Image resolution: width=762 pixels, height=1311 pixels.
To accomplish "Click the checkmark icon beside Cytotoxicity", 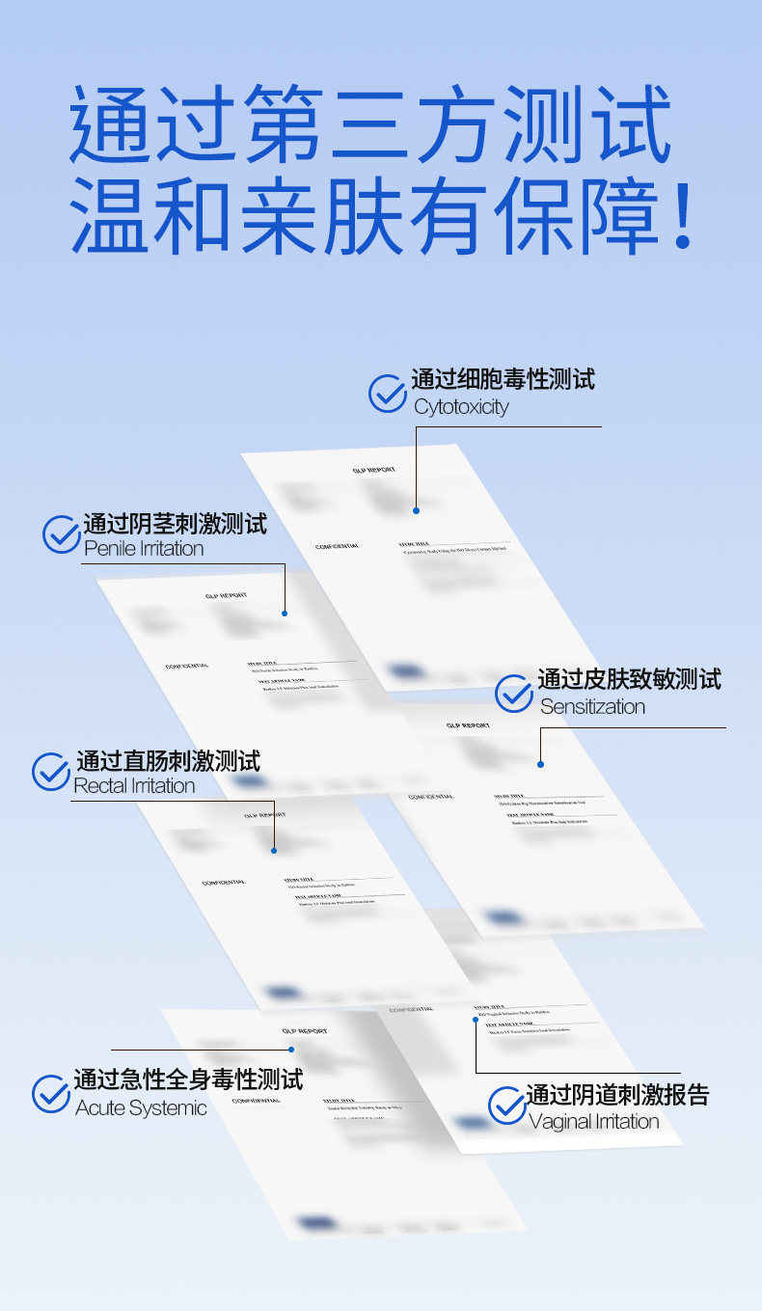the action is click(x=388, y=394).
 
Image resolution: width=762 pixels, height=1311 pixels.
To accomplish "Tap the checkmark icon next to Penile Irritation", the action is click(x=62, y=534).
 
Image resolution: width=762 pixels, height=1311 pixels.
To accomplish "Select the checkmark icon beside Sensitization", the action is click(x=514, y=694).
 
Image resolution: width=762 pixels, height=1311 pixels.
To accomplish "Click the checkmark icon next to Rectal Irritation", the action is click(x=51, y=772).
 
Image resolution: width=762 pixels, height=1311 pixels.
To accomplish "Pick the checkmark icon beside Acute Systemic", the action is click(x=51, y=1093).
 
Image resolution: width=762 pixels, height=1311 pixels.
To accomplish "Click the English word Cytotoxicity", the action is click(x=461, y=407).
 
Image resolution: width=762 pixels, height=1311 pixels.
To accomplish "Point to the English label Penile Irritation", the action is click(x=144, y=549).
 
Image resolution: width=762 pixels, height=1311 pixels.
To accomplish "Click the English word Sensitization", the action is click(x=592, y=707).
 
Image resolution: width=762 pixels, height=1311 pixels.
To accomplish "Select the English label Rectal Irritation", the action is click(x=134, y=786).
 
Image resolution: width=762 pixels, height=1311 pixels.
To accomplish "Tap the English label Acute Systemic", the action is click(x=141, y=1108).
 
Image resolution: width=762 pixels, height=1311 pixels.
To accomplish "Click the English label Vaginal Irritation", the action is click(x=594, y=1122).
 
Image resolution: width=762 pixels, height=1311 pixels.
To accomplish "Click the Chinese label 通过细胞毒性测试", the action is click(x=503, y=379).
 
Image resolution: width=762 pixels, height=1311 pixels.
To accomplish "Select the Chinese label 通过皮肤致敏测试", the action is click(x=629, y=679).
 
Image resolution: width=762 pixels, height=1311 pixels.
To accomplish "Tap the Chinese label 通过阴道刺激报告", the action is click(x=617, y=1095).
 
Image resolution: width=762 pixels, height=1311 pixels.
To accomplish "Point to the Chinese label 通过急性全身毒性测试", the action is click(x=188, y=1079).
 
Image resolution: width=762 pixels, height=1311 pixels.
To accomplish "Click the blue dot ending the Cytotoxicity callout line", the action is click(x=417, y=510).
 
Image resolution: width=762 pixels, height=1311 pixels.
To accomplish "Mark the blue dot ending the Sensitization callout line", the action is click(x=541, y=764).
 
